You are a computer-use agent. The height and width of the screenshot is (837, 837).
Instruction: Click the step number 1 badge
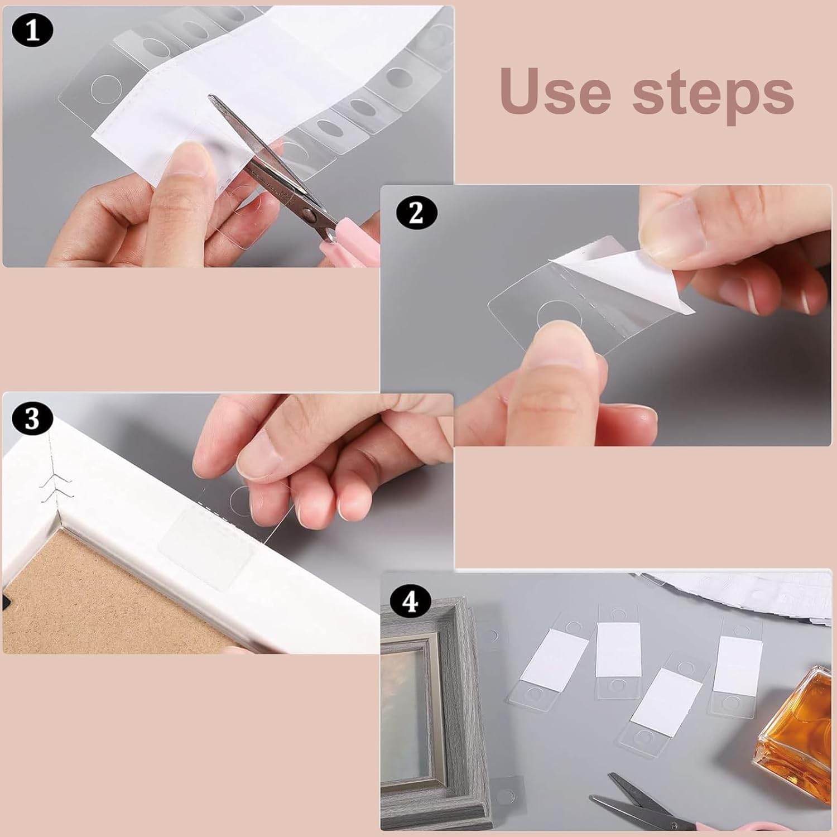point(33,31)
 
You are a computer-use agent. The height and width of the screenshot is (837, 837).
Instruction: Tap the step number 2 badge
point(416,213)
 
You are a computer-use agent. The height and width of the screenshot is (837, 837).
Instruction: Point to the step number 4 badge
point(411,602)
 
